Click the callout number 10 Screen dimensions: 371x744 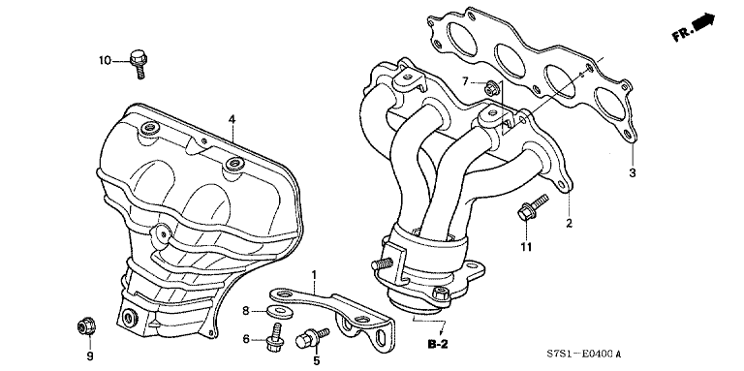click(x=105, y=61)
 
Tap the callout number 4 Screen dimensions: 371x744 click(x=232, y=119)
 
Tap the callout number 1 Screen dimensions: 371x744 click(x=315, y=277)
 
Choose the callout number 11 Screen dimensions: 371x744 click(x=526, y=247)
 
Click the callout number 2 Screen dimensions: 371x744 click(x=569, y=224)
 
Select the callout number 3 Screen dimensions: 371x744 click(x=631, y=173)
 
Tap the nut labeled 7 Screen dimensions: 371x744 click(x=491, y=89)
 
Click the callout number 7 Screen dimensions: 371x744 click(x=464, y=80)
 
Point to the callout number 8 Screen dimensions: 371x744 click(x=246, y=310)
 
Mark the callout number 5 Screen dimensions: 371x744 click(x=315, y=361)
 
